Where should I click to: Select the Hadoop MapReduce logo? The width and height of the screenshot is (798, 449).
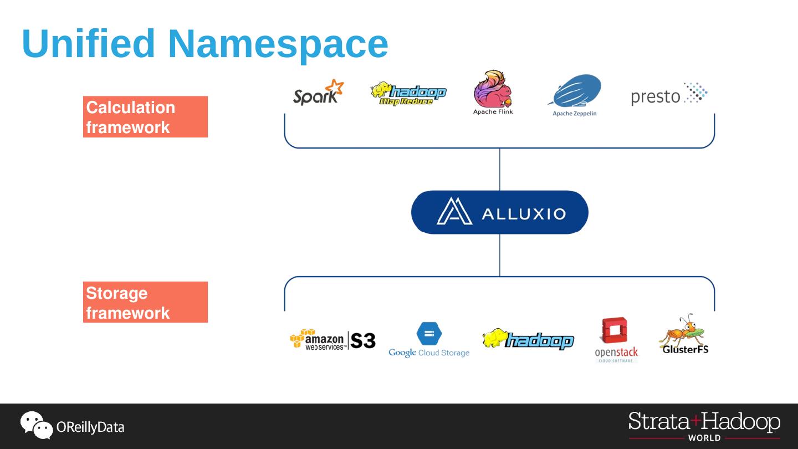(408, 94)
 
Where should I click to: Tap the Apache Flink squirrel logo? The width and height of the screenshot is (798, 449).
(493, 92)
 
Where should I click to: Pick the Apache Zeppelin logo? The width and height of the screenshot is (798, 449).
(575, 94)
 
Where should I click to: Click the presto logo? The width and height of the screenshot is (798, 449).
(669, 94)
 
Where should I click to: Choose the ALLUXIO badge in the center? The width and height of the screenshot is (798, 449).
(499, 212)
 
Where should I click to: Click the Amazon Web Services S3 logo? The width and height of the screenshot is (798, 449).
(332, 339)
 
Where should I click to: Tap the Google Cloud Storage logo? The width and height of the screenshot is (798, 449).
(429, 340)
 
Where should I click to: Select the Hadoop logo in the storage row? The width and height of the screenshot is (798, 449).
(528, 339)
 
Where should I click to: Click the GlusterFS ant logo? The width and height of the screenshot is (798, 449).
(684, 334)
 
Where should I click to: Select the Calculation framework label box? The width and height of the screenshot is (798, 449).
(145, 117)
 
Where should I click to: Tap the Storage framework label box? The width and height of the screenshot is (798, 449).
(145, 302)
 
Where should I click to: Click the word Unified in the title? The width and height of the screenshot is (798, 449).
(89, 43)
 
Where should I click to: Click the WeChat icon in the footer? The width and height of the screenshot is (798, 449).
(36, 425)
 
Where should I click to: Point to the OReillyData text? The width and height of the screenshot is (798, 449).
(90, 427)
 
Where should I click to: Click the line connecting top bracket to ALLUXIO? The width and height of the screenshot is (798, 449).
(500, 169)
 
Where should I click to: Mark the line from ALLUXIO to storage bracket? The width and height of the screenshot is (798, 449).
(500, 255)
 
